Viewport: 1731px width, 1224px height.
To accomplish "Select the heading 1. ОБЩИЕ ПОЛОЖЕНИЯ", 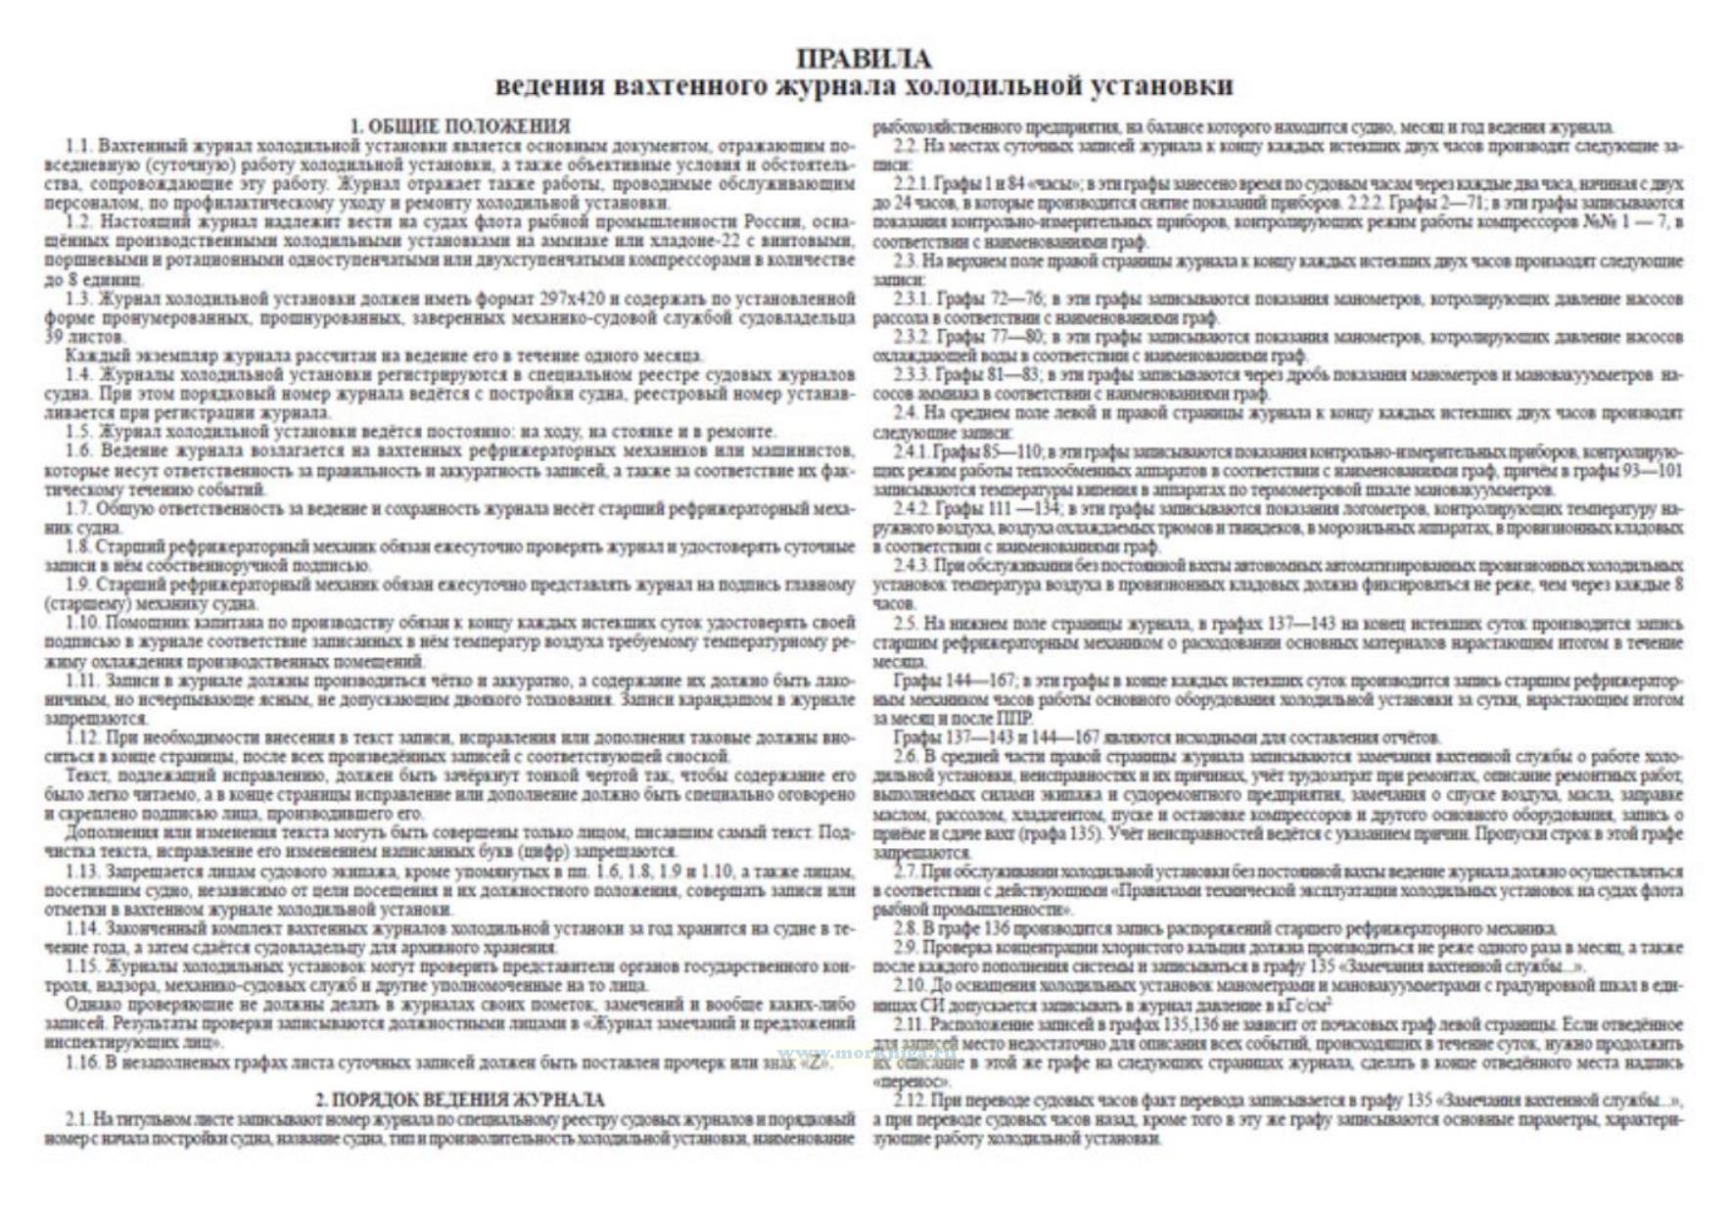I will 460,126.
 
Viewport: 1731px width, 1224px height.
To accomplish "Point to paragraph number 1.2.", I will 78,222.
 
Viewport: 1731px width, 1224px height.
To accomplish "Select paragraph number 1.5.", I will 78,432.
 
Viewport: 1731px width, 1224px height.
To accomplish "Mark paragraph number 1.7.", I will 78,508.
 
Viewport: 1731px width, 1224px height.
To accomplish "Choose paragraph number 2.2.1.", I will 911,184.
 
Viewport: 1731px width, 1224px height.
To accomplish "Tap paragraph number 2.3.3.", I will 911,375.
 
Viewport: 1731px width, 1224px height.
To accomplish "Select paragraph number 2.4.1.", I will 911,451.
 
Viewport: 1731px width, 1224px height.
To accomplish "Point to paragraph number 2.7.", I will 906,871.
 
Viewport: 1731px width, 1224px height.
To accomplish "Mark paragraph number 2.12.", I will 910,1101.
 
